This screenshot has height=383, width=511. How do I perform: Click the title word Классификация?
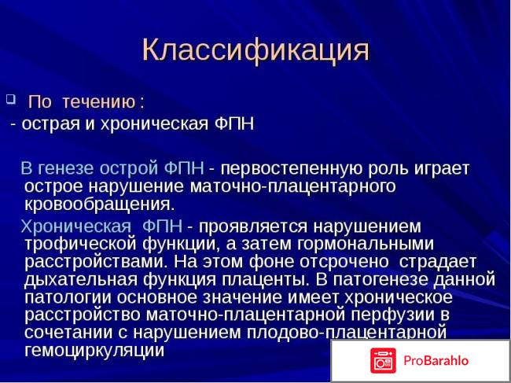point(256,49)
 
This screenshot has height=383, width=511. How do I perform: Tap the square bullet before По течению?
point(10,100)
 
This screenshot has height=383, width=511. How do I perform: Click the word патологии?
point(65,297)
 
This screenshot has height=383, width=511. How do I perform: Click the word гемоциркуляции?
point(94,351)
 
